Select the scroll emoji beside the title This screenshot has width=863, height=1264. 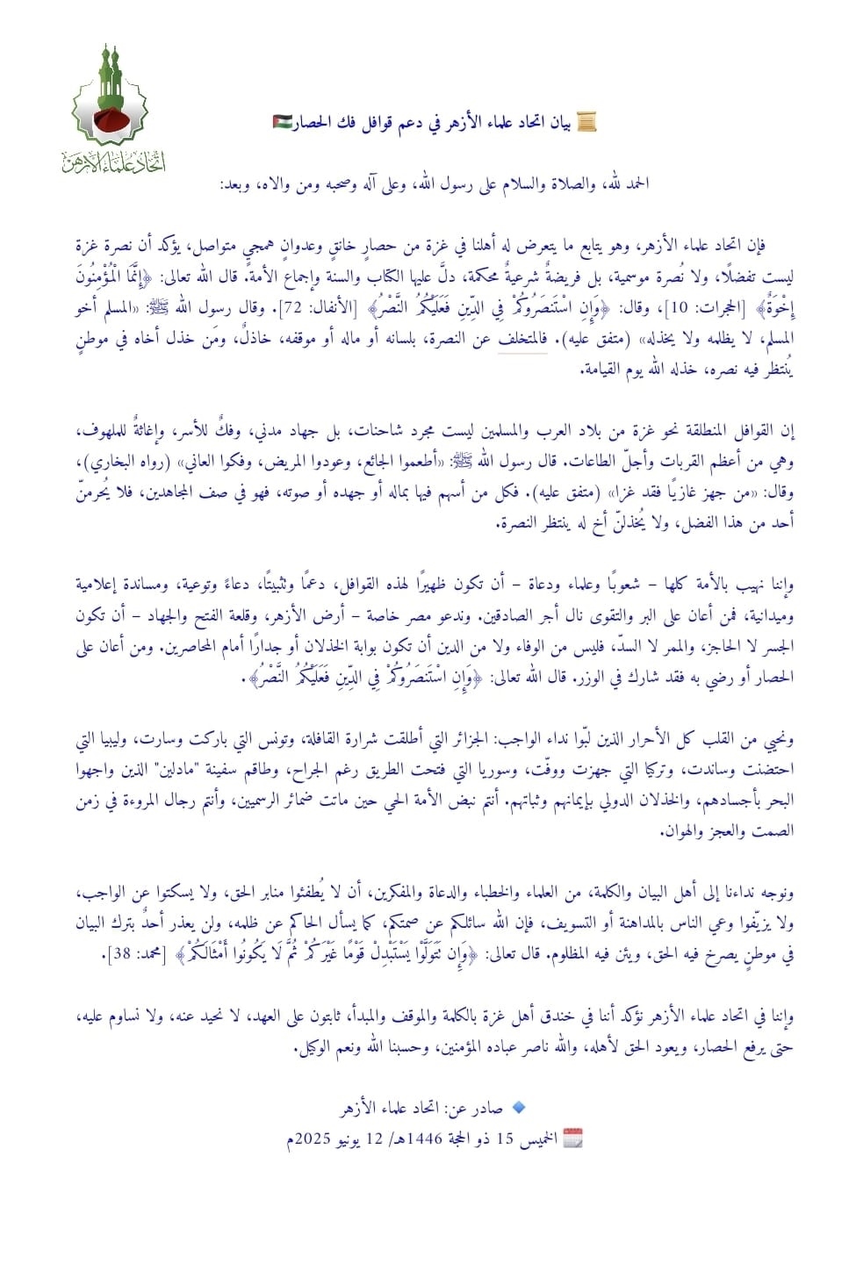click(x=586, y=123)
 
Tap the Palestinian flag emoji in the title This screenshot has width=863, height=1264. click(x=282, y=123)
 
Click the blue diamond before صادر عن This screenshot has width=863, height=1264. click(x=518, y=1108)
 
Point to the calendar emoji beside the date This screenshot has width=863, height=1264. click(x=572, y=1138)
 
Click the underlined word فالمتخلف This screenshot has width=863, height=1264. click(x=521, y=340)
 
